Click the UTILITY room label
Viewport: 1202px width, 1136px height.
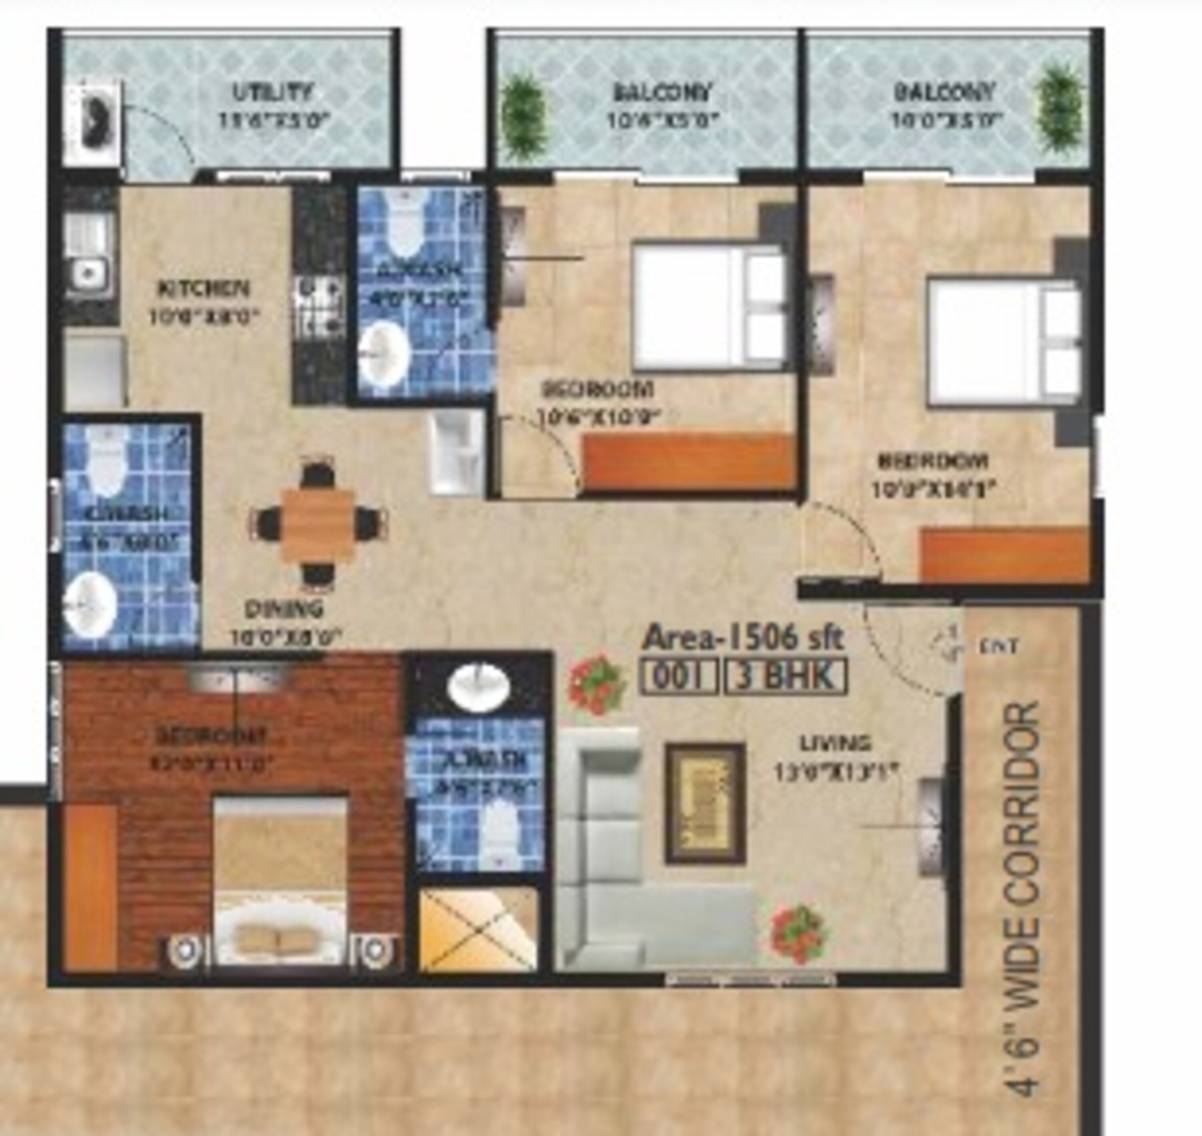point(272,93)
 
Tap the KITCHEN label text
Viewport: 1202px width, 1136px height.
point(204,288)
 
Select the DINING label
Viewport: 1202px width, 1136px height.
point(284,609)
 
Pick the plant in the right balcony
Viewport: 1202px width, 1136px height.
point(1060,109)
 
